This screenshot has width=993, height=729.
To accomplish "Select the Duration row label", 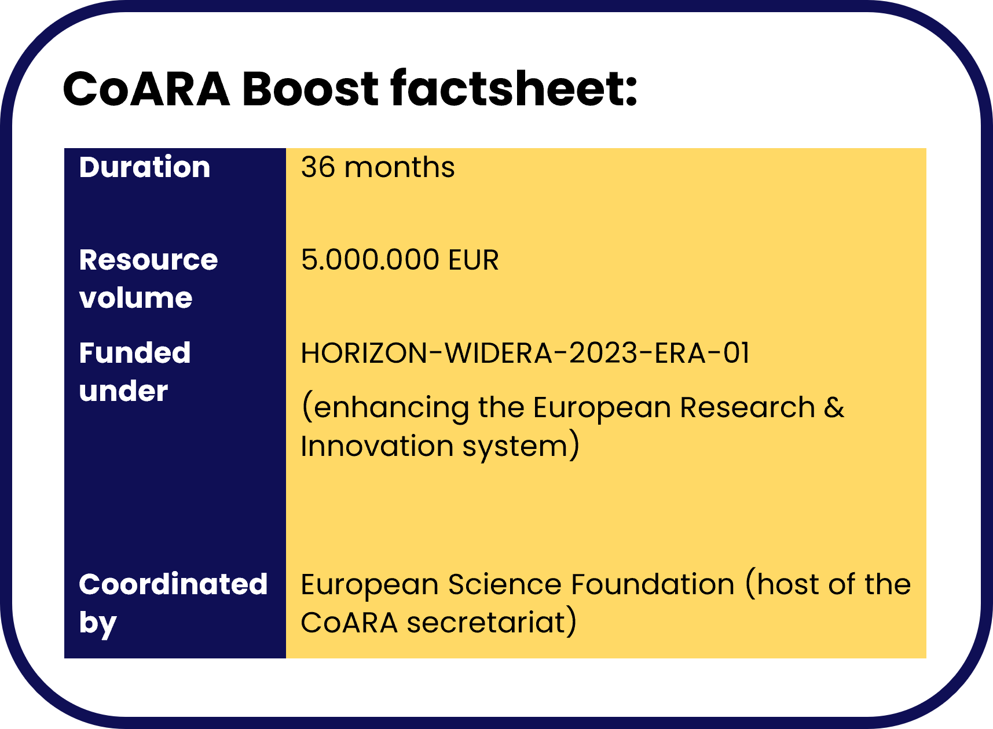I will [145, 167].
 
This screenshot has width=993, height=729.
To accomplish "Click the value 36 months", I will [378, 167].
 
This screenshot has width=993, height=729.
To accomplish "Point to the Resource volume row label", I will [148, 279].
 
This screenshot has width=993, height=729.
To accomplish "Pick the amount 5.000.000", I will [370, 260].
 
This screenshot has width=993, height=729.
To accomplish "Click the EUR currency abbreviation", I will [473, 260].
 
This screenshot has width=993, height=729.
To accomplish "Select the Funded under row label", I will [135, 371].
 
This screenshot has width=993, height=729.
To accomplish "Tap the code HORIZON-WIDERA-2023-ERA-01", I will [525, 353].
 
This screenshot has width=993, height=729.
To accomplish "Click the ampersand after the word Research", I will [834, 407].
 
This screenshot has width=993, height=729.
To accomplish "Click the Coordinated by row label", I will [173, 603].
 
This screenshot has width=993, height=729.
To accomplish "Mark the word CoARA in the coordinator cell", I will [349, 623].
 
